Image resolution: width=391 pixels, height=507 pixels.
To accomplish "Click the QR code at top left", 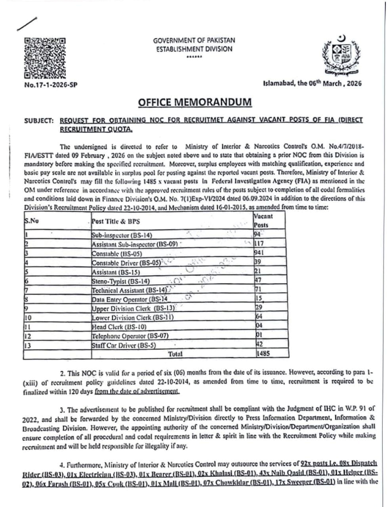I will click(44, 57).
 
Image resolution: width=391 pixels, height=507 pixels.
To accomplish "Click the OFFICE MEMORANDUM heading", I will click(195, 102).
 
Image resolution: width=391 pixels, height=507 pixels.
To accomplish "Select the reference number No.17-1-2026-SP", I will click(50, 85).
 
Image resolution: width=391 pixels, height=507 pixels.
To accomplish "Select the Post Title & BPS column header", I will click(116, 221).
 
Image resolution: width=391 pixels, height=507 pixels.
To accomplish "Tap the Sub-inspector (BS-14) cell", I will click(122, 235).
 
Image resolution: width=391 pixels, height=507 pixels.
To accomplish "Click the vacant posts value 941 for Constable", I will click(259, 252).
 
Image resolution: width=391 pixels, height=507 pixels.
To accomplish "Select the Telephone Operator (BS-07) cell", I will click(130, 336).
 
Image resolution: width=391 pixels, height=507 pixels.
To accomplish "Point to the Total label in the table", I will click(175, 354).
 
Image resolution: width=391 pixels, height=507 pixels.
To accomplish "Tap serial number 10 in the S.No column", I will click(28, 318).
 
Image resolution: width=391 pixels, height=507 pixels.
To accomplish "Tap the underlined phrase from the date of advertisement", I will click(137, 391).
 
